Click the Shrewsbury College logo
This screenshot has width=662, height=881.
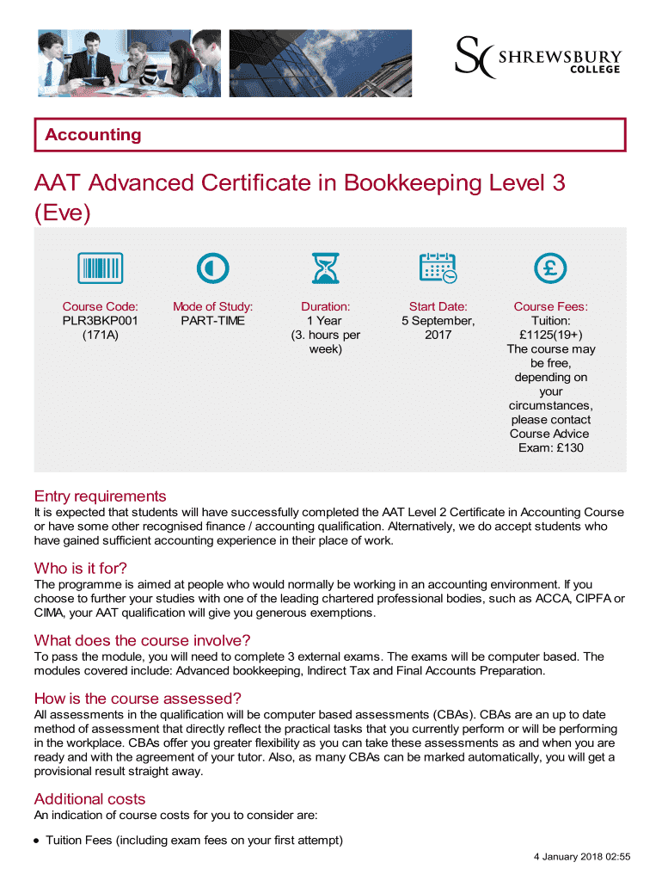[537, 58]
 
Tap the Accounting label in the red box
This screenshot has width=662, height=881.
[93, 135]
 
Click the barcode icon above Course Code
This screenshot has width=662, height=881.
[101, 268]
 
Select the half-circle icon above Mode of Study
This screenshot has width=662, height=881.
[212, 268]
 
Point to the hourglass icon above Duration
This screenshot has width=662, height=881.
[325, 268]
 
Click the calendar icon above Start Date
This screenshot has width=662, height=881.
[438, 268]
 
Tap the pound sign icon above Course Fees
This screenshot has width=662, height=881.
[550, 268]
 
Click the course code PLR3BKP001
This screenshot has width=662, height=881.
[101, 321]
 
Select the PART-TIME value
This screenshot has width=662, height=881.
[212, 321]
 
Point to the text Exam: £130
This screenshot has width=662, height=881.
[551, 448]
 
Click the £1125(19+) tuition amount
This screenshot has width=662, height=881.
[551, 335]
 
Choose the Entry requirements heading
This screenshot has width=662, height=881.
[100, 496]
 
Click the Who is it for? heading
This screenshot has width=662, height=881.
[81, 568]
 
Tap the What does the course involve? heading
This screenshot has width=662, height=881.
[142, 640]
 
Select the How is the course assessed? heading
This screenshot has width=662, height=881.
[138, 698]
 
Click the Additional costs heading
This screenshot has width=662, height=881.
[89, 798]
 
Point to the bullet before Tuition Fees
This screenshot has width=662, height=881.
[38, 841]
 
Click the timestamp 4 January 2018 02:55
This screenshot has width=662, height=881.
[582, 857]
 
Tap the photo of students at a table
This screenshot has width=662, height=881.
[129, 63]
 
